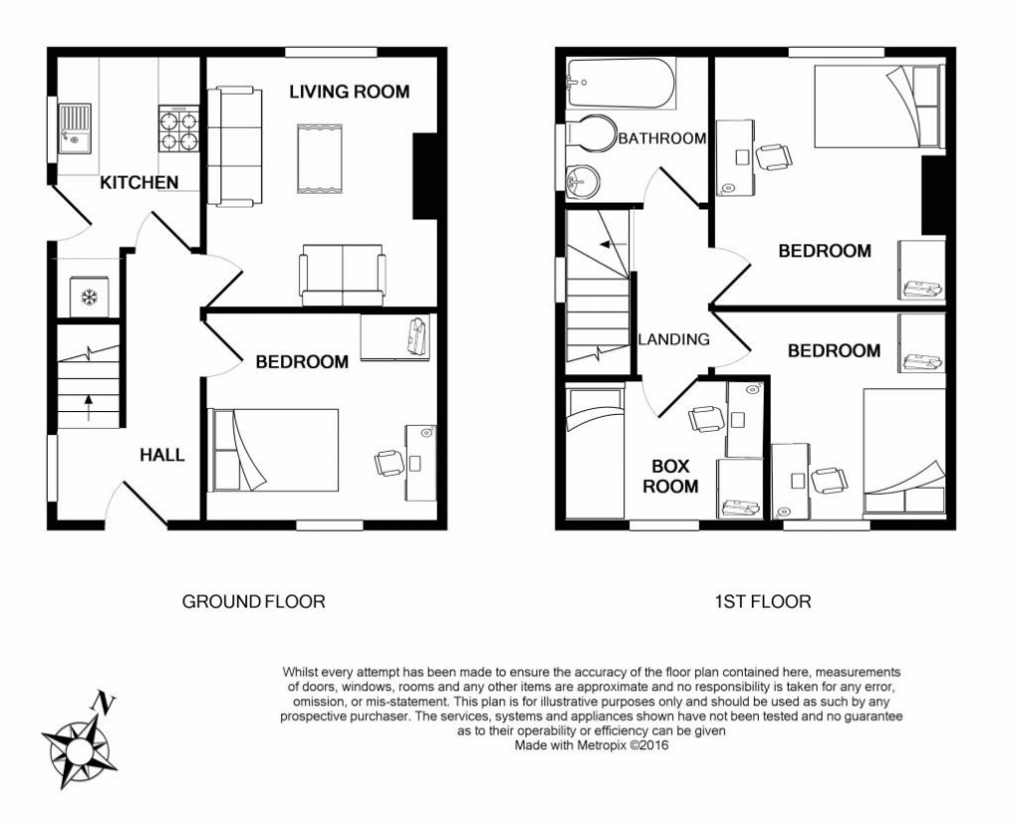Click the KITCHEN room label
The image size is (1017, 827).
tap(139, 183)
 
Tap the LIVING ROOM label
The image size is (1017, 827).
tap(349, 92)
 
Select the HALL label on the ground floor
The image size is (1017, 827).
tap(162, 455)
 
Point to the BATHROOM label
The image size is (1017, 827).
tap(662, 139)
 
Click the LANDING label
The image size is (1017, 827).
tap(674, 339)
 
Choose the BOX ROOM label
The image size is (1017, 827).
tap(675, 476)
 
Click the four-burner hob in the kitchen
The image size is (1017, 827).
tap(177, 127)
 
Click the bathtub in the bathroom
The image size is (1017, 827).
tap(619, 85)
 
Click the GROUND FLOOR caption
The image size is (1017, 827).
tap(253, 602)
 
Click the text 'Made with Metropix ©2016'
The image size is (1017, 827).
tap(592, 744)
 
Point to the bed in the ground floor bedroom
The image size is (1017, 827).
tap(275, 450)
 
